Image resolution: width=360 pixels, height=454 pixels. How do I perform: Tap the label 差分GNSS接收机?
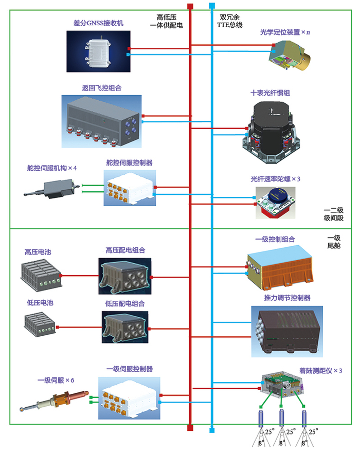[x=99, y=24]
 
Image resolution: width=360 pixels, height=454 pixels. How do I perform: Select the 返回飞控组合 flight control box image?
[x=105, y=119]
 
